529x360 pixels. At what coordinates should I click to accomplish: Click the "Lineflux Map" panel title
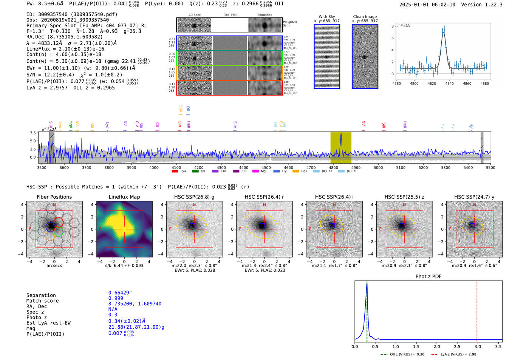click(x=124, y=197)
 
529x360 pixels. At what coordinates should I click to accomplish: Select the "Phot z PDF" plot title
click(x=428, y=276)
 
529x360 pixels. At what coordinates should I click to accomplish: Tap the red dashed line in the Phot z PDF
click(x=477, y=310)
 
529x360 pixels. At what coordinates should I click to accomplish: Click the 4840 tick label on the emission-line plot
click(x=449, y=83)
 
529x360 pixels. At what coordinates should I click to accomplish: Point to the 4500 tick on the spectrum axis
click(x=266, y=167)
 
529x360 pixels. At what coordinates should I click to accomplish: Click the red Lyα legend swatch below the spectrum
click(x=175, y=171)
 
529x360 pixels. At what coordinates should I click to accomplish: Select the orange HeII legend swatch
click(x=295, y=171)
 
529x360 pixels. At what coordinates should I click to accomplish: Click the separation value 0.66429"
click(x=120, y=293)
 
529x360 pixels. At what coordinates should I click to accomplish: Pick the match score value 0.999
click(x=116, y=298)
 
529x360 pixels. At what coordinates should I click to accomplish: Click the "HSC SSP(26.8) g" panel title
click(x=194, y=197)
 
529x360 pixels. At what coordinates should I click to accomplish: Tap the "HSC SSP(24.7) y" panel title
click(x=474, y=197)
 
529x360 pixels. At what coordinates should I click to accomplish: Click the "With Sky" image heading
click(x=326, y=17)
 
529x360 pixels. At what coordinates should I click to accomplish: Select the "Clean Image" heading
click(x=365, y=17)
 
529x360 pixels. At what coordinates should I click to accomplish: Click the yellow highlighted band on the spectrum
click(x=341, y=147)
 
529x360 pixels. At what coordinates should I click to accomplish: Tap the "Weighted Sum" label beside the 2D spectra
click(x=289, y=24)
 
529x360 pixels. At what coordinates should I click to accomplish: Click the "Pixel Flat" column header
click(x=230, y=15)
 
